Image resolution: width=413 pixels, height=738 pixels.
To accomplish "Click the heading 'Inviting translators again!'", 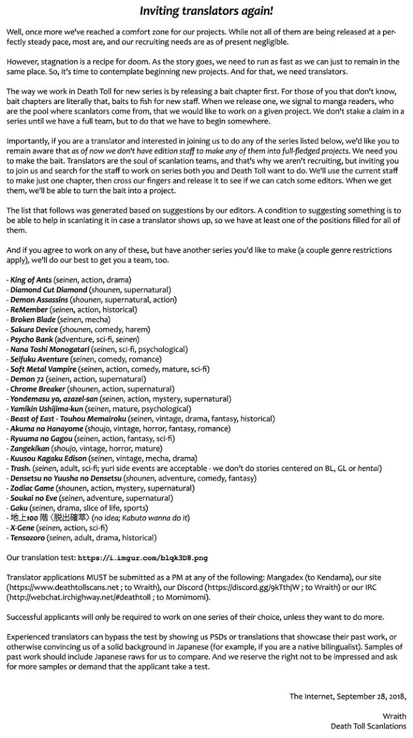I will tap(206, 11).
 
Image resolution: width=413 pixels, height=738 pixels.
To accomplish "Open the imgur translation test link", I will tap(143, 558).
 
